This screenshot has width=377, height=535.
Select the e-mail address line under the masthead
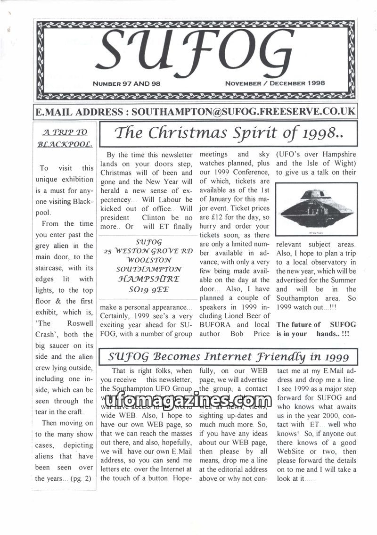click(195, 112)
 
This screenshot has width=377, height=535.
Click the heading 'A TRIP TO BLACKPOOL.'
click(65, 138)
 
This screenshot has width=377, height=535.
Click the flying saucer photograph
click(316, 208)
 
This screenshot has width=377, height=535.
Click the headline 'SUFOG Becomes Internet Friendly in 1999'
click(228, 356)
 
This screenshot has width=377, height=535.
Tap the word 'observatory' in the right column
click(328, 262)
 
